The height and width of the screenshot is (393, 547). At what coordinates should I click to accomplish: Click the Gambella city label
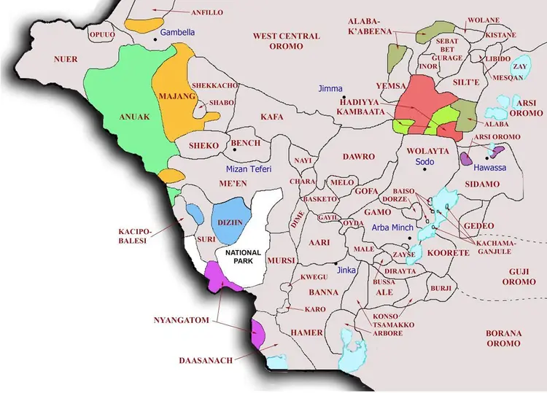pyautogui.click(x=178, y=33)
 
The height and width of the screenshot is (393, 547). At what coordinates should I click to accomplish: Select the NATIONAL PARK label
pyautogui.click(x=243, y=256)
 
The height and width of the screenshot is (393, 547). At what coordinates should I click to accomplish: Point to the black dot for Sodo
pyautogui.click(x=424, y=170)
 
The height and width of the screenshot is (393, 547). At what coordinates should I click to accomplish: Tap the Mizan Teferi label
pyautogui.click(x=244, y=168)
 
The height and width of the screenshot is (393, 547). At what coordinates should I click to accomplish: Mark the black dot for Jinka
pyautogui.click(x=335, y=263)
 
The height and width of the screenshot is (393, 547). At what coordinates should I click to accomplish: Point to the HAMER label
pyautogui.click(x=307, y=332)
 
